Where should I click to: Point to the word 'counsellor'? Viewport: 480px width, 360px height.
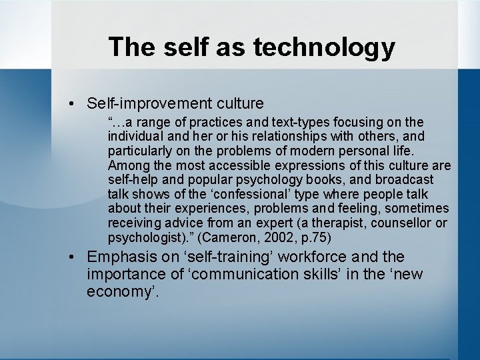[x=405, y=223]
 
